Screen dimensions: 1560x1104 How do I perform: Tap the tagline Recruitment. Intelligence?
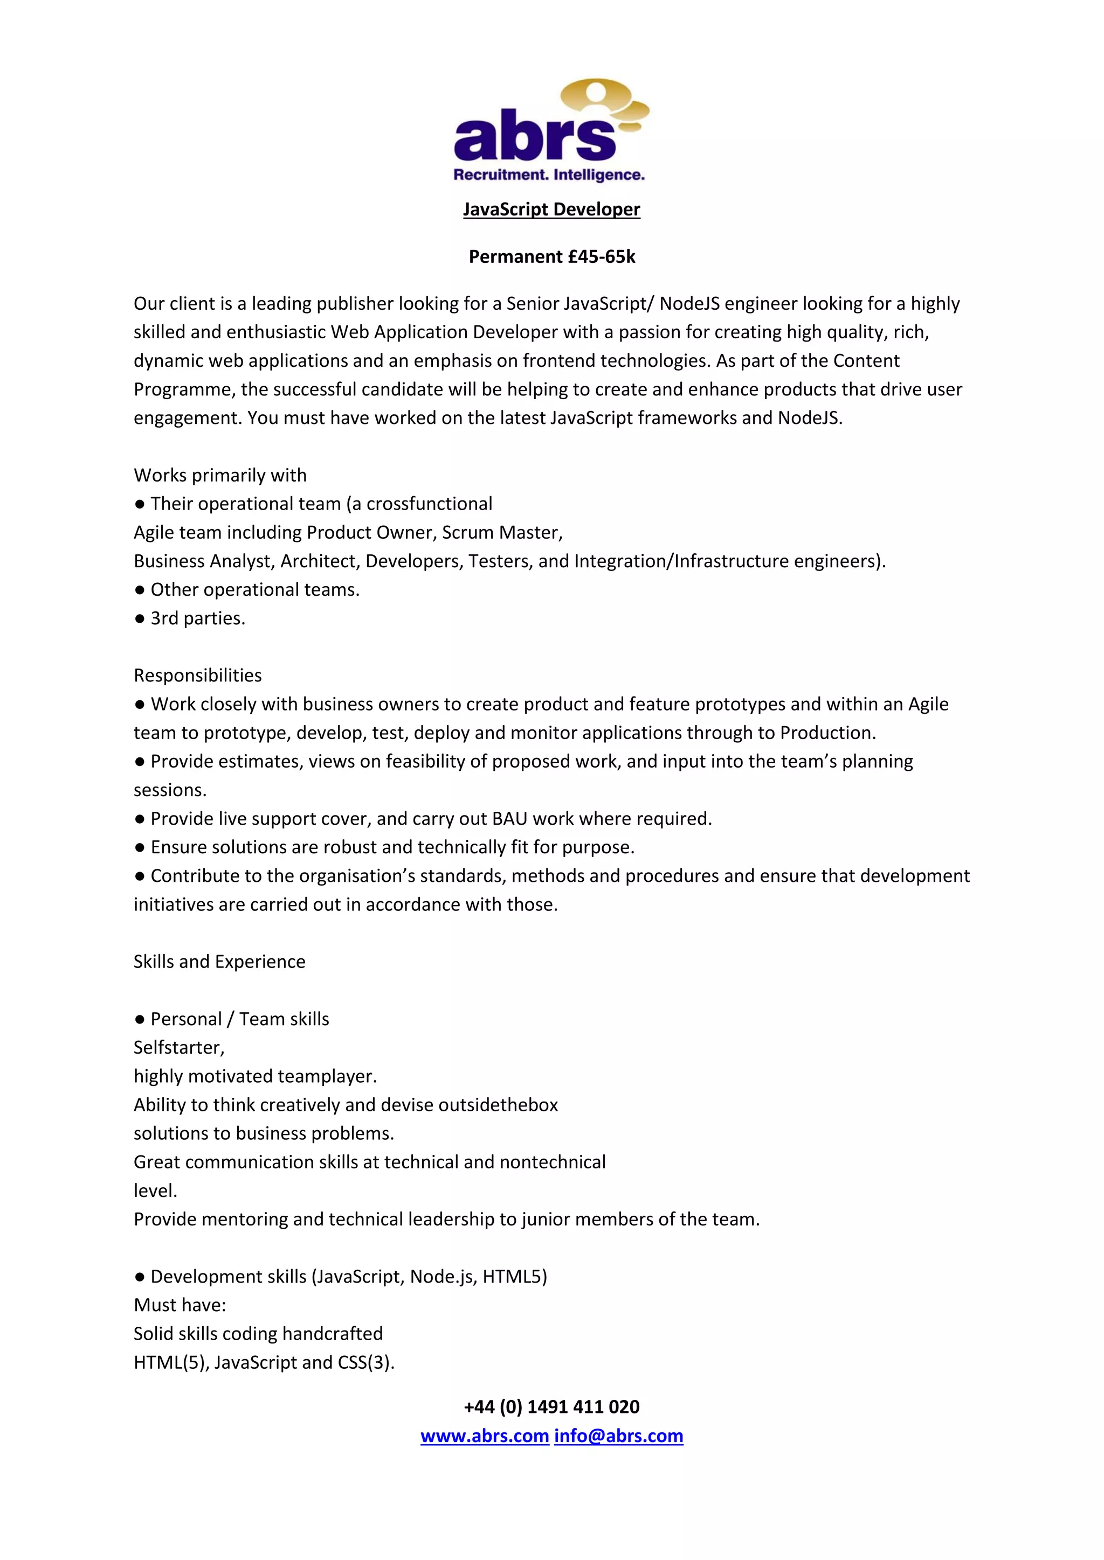[549, 175]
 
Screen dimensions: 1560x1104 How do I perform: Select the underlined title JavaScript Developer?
[551, 209]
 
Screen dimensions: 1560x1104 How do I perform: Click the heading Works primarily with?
[219, 475]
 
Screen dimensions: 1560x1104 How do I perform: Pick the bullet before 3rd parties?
[140, 618]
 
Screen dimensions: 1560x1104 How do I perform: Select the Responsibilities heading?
[197, 675]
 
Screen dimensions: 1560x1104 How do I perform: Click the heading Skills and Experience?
[219, 962]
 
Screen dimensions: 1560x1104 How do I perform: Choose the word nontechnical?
[552, 1162]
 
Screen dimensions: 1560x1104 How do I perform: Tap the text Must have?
[180, 1305]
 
